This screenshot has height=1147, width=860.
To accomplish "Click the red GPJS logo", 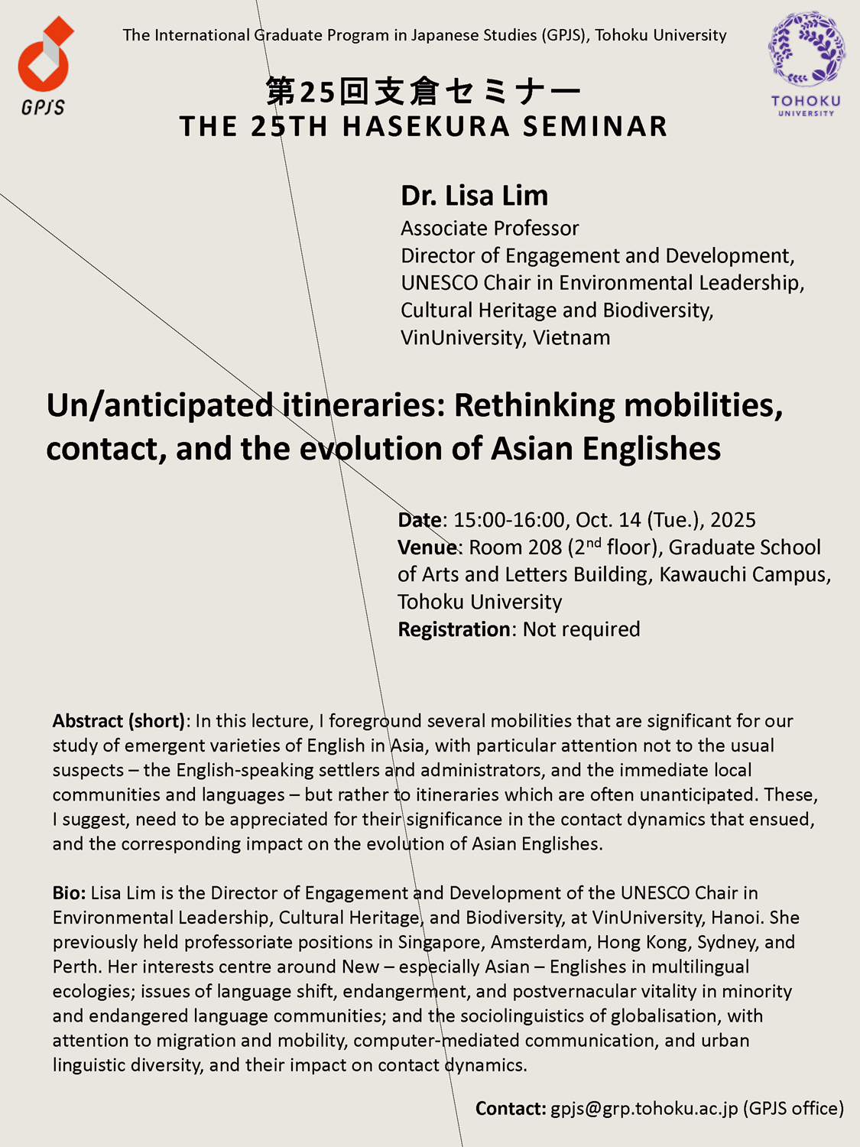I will [x=44, y=65].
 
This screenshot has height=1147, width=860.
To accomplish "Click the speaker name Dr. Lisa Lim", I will [x=474, y=196].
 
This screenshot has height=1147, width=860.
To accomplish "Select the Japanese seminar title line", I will [x=423, y=92].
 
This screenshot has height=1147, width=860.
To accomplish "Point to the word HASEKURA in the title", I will [x=426, y=126].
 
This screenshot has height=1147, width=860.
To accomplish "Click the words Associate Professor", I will [x=489, y=228].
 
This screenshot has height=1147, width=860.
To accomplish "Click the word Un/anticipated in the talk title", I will [x=159, y=405].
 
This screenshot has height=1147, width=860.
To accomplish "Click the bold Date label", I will [x=419, y=520].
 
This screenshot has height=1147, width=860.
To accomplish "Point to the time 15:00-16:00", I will [x=508, y=520].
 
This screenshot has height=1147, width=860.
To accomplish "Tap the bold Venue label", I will [x=427, y=548].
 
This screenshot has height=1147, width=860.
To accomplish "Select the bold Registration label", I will [x=454, y=629].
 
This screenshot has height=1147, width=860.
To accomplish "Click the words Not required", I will [x=581, y=629].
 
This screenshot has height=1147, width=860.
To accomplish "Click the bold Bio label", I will [x=69, y=893].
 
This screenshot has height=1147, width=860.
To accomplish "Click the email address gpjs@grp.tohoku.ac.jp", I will [x=644, y=1109].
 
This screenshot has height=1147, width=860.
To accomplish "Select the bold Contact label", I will [x=510, y=1109].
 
